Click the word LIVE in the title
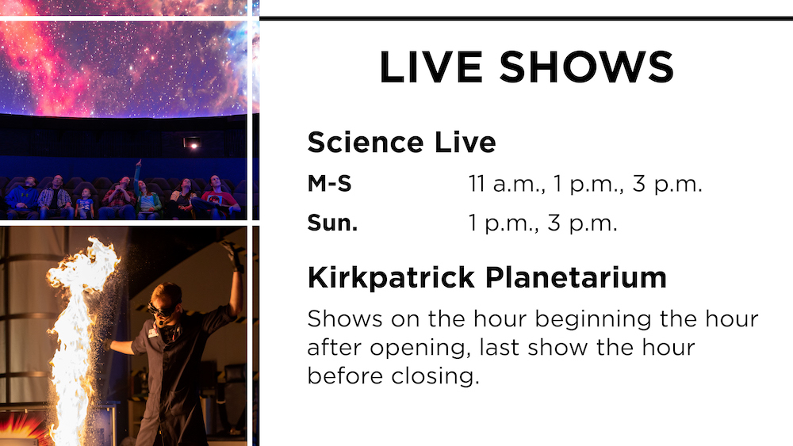(431, 67)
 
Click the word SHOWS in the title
(587, 67)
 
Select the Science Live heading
(401, 142)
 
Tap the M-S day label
(329, 183)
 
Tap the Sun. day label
(332, 223)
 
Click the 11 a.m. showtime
(506, 184)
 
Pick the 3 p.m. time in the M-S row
(667, 184)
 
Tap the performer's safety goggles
(163, 309)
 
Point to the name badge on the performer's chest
(153, 333)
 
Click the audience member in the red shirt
(218, 197)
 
